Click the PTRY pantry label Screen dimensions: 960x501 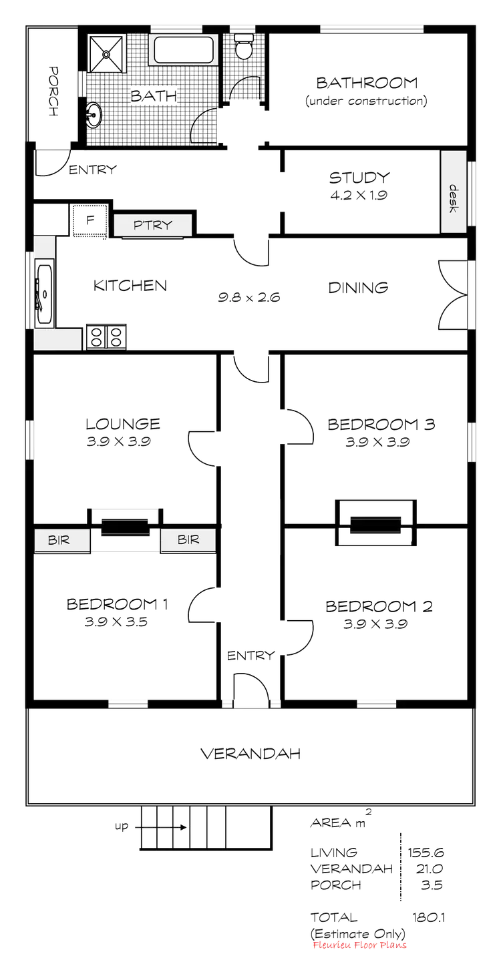[153, 225]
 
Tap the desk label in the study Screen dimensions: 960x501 [452, 198]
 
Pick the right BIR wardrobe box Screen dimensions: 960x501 [188, 539]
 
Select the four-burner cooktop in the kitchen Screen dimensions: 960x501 [104, 336]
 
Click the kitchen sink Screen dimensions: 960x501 [45, 292]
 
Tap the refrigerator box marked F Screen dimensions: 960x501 [88, 220]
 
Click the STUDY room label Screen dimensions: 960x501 [359, 178]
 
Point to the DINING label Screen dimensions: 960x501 [358, 288]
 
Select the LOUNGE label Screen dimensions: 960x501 [123, 423]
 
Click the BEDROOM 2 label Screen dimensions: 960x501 [381, 607]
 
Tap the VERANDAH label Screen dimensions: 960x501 [253, 754]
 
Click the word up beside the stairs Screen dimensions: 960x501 [122, 826]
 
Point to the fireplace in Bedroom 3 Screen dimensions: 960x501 [374, 517]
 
